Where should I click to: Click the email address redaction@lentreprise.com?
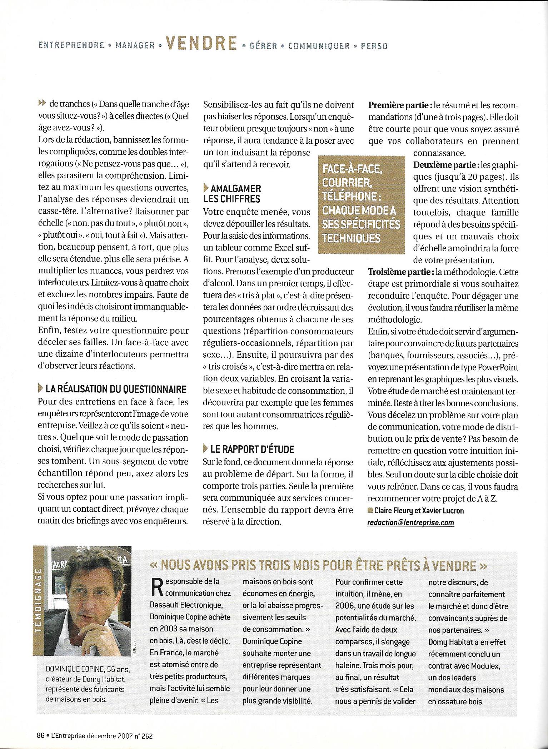tap(411, 523)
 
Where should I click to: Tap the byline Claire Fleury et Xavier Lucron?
tap(419, 511)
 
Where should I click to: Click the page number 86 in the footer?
tap(40, 735)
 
